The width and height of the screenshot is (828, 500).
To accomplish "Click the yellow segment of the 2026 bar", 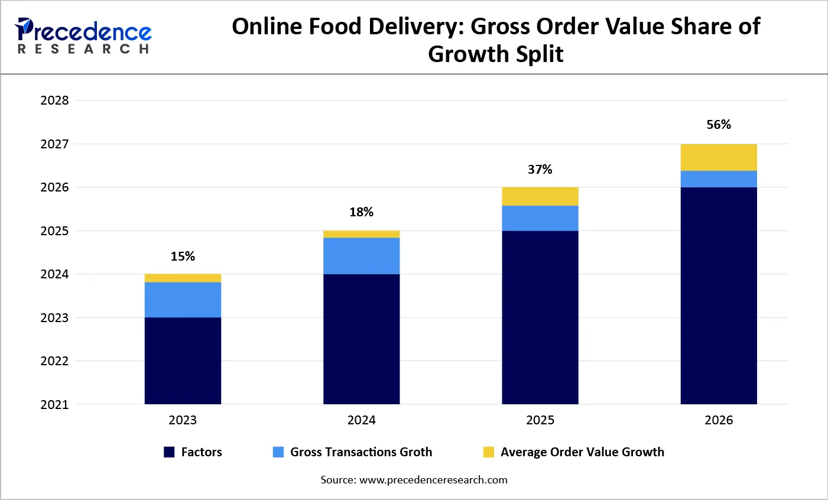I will (x=719, y=157).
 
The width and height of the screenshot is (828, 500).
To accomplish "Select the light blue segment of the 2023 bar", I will (x=183, y=300).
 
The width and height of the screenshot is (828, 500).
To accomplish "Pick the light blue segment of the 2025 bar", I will (x=540, y=218).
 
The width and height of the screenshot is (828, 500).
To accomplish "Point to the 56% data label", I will (x=719, y=125).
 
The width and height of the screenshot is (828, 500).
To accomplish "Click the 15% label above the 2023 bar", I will (x=183, y=257).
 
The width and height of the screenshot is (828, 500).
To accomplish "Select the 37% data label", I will (x=540, y=170).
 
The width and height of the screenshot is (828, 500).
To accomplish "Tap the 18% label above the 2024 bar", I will (x=361, y=212).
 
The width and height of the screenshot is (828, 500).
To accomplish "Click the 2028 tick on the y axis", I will (x=54, y=100).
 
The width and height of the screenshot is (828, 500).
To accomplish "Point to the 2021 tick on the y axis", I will (x=54, y=405).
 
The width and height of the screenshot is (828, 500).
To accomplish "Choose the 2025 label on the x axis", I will (x=540, y=420).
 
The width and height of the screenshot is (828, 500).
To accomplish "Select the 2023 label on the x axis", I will (x=183, y=420).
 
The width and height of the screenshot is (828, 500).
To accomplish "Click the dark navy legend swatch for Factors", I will (x=169, y=452).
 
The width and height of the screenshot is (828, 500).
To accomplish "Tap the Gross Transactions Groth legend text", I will (x=361, y=452).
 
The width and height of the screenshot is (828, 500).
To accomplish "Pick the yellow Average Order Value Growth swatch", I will (x=488, y=452).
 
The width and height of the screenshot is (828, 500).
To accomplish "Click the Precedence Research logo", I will (x=83, y=36).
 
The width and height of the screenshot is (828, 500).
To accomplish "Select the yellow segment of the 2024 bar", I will (x=361, y=234).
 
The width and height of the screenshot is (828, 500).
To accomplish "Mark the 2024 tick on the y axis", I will (x=54, y=274).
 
